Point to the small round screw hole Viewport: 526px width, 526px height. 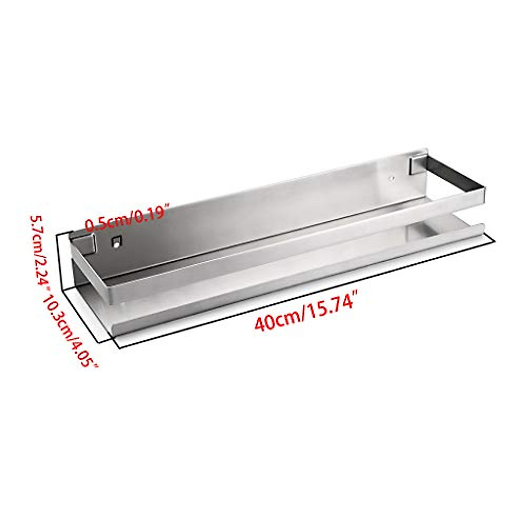click(x=392, y=178)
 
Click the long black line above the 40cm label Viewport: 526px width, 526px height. click(x=307, y=294)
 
